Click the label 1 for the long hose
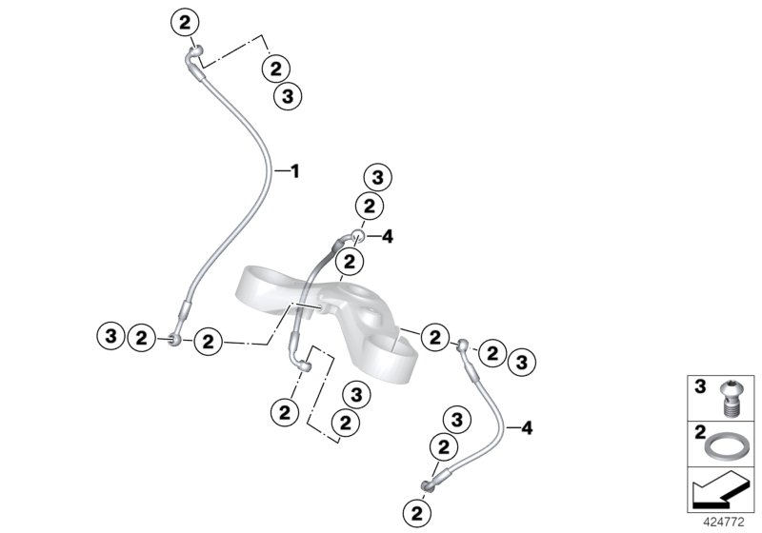294,171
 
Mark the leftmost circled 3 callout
111,335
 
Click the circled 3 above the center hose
377,177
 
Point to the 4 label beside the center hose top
387,236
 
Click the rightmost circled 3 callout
521,361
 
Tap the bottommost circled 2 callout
416,513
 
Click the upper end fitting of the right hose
463,345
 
